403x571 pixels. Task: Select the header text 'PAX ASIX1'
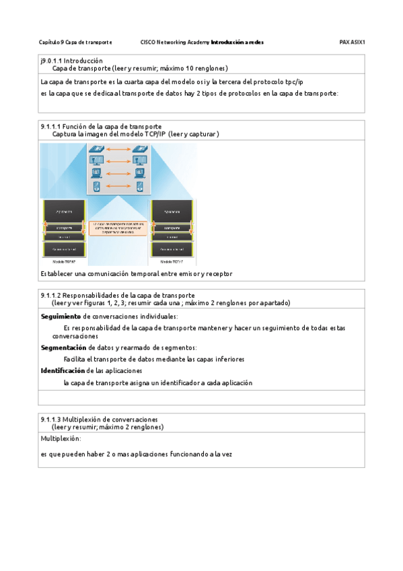pyautogui.click(x=352, y=42)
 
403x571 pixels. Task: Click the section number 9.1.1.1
pyautogui.click(x=50, y=126)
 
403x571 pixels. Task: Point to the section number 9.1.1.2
pyautogui.click(x=50, y=295)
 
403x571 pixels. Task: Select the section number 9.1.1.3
pyautogui.click(x=50, y=419)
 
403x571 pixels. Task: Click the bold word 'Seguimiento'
pyautogui.click(x=61, y=316)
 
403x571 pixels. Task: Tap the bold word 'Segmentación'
pyautogui.click(x=64, y=347)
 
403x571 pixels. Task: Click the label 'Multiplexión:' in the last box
pyautogui.click(x=61, y=438)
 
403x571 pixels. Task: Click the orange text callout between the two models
pyautogui.click(x=117, y=228)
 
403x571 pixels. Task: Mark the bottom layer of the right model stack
pyautogui.click(x=172, y=250)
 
